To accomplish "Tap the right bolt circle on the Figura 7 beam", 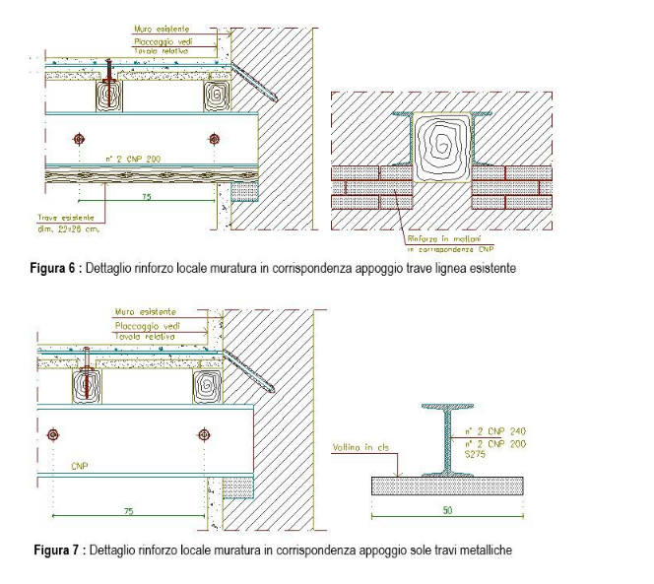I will pyautogui.click(x=204, y=433).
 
